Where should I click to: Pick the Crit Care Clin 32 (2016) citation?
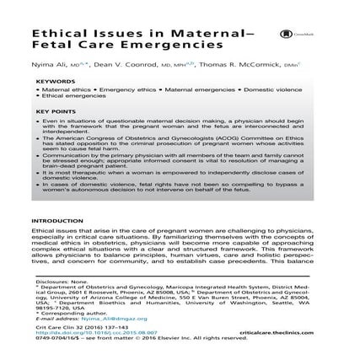click(76, 339)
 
